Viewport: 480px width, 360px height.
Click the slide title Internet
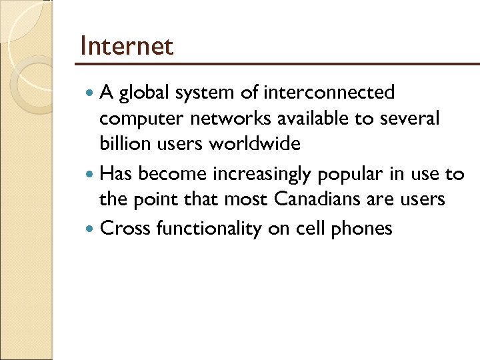pos(126,47)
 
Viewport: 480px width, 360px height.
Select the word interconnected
pos(330,92)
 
